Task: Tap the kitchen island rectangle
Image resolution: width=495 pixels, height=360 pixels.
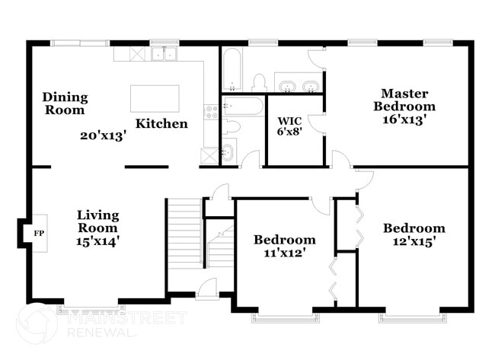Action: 155,98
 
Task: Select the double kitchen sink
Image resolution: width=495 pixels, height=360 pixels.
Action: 164,54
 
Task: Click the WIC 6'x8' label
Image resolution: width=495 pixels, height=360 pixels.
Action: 291,126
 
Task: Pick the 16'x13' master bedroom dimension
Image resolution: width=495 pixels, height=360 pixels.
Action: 404,119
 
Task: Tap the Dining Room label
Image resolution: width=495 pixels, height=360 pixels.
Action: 65,104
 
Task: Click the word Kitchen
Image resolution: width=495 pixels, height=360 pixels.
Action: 161,123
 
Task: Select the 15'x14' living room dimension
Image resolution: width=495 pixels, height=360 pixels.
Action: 97,241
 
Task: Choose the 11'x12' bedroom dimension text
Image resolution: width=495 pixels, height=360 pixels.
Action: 284,253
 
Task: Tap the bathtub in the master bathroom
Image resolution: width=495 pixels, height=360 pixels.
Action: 232,70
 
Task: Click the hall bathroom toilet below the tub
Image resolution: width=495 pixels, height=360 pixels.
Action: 233,126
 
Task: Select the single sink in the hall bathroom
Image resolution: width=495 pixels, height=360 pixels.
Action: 226,152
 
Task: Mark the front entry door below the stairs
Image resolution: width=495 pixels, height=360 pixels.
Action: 207,288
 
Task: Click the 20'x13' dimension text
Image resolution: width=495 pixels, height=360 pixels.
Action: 103,136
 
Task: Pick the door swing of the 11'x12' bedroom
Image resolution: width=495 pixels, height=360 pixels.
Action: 320,204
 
